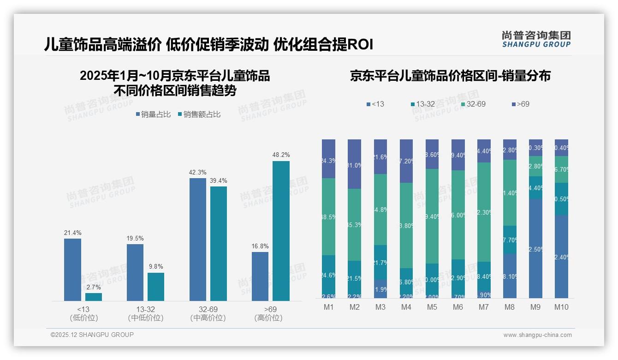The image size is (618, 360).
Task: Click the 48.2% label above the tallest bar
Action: tap(281, 155)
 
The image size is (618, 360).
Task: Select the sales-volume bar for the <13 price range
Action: tap(72, 270)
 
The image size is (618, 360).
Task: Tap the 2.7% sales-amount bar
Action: tap(94, 297)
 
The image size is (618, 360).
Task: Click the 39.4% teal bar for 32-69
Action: tap(219, 243)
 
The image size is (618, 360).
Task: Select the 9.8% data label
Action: tap(156, 267)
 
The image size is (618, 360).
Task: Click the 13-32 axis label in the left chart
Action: tap(145, 309)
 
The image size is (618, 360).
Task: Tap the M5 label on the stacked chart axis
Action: tap(432, 307)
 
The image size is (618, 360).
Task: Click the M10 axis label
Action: tap(561, 307)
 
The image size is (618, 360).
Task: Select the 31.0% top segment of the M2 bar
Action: tap(354, 164)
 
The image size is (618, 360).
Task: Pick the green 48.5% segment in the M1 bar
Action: tap(328, 216)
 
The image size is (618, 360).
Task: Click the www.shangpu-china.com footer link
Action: tap(537, 335)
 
